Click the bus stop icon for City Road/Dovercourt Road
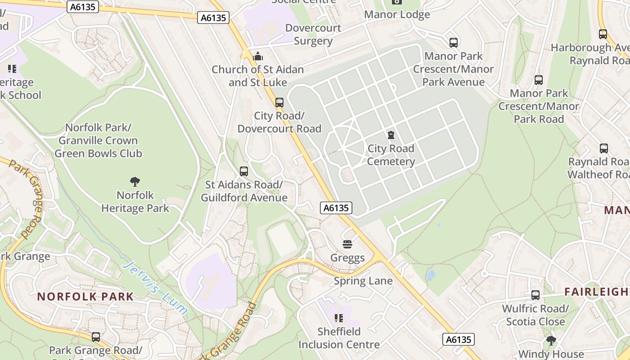pyautogui.click(x=279, y=102)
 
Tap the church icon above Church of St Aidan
pyautogui.click(x=258, y=56)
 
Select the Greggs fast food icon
pyautogui.click(x=347, y=244)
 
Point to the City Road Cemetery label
pyautogui.click(x=391, y=155)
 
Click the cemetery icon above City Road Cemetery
pyautogui.click(x=391, y=135)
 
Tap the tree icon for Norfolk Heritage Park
pyautogui.click(x=135, y=182)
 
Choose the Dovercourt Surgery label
pyautogui.click(x=313, y=34)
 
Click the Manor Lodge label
pyautogui.click(x=397, y=14)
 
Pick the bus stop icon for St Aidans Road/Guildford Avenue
pyautogui.click(x=244, y=171)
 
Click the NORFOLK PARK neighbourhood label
pyautogui.click(x=85, y=297)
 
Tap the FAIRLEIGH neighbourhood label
pyautogui.click(x=597, y=292)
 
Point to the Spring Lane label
pyautogui.click(x=363, y=281)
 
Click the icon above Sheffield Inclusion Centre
pyautogui.click(x=339, y=318)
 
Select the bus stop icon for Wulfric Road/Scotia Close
pyautogui.click(x=535, y=295)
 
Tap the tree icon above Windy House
pyautogui.click(x=551, y=341)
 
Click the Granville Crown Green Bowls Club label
pyautogui.click(x=98, y=147)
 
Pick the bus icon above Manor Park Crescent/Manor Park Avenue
pyautogui.click(x=454, y=43)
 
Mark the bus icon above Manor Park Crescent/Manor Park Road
pyautogui.click(x=539, y=80)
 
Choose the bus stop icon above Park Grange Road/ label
pyautogui.click(x=96, y=337)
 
